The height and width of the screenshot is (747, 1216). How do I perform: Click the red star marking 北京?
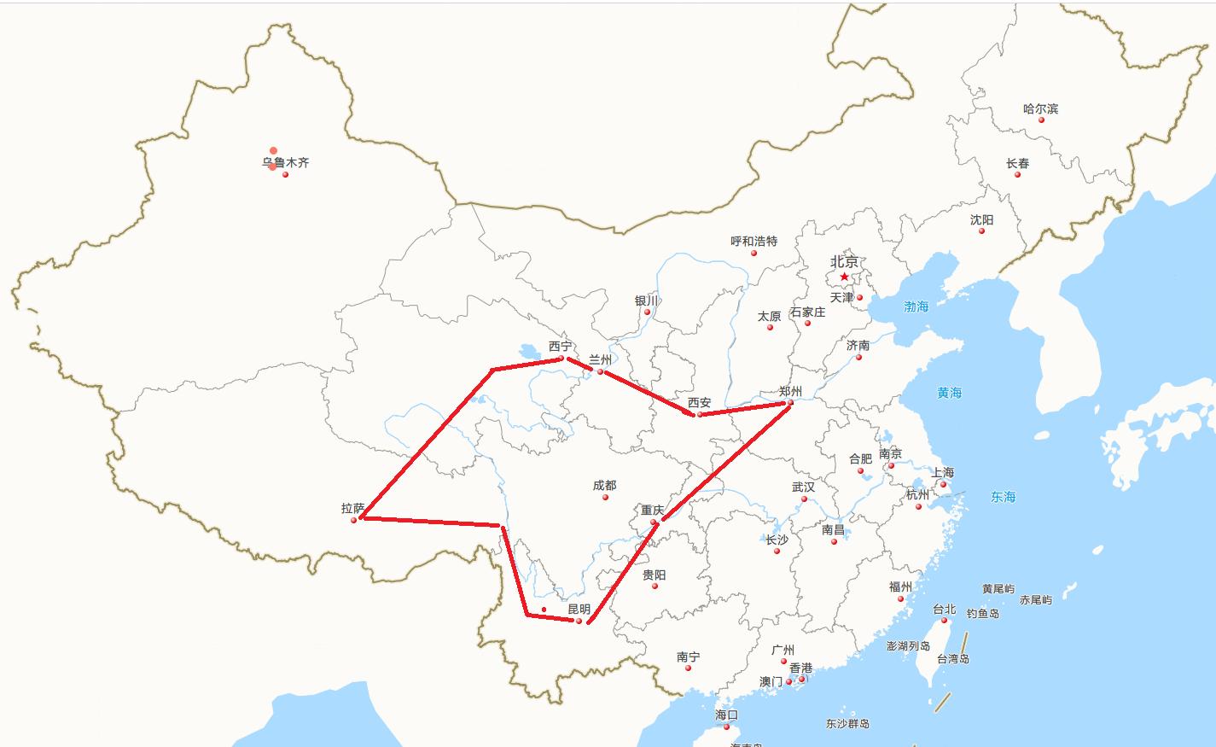coord(844,277)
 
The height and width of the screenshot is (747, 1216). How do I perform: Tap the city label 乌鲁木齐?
coord(285,162)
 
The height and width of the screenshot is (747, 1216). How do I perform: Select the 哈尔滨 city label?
coord(1040,108)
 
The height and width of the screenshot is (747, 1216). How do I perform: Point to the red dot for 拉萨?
coord(353,519)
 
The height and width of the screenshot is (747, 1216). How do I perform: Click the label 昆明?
coord(579,609)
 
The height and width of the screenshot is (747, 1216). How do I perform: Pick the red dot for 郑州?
coord(790,402)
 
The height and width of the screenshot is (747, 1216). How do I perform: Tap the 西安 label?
coord(699,402)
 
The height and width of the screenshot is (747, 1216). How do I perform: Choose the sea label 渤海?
coord(916,306)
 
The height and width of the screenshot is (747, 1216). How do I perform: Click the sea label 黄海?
coord(949,393)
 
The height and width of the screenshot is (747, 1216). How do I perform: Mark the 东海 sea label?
coord(1003,496)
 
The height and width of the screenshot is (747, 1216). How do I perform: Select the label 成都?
coord(604,485)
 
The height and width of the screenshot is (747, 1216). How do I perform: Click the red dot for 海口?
coord(727,727)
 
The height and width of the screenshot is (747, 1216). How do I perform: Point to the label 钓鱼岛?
coord(983,613)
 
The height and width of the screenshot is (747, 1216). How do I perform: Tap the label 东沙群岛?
coord(847,723)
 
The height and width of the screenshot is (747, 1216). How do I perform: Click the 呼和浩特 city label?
coord(753,241)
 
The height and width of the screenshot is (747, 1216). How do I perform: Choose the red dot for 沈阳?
coord(981,231)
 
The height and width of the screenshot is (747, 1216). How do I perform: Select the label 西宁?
coord(561,346)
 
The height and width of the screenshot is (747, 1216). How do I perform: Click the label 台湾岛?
coord(952,658)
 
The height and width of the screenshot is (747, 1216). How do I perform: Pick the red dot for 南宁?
coord(688,668)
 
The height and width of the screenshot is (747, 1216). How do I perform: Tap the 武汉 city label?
coord(803,487)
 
